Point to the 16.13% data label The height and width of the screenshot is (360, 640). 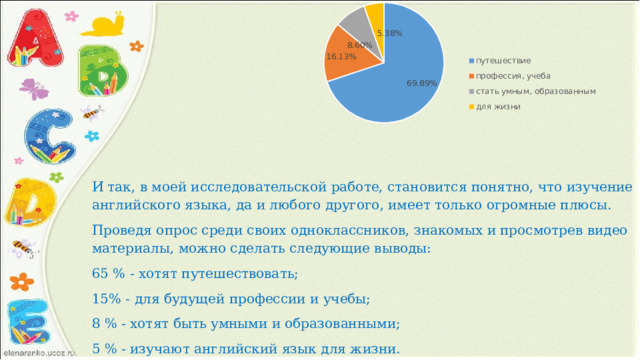point(341,57)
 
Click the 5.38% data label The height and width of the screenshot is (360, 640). point(389,33)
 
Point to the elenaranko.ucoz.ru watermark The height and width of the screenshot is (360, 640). point(38,353)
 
